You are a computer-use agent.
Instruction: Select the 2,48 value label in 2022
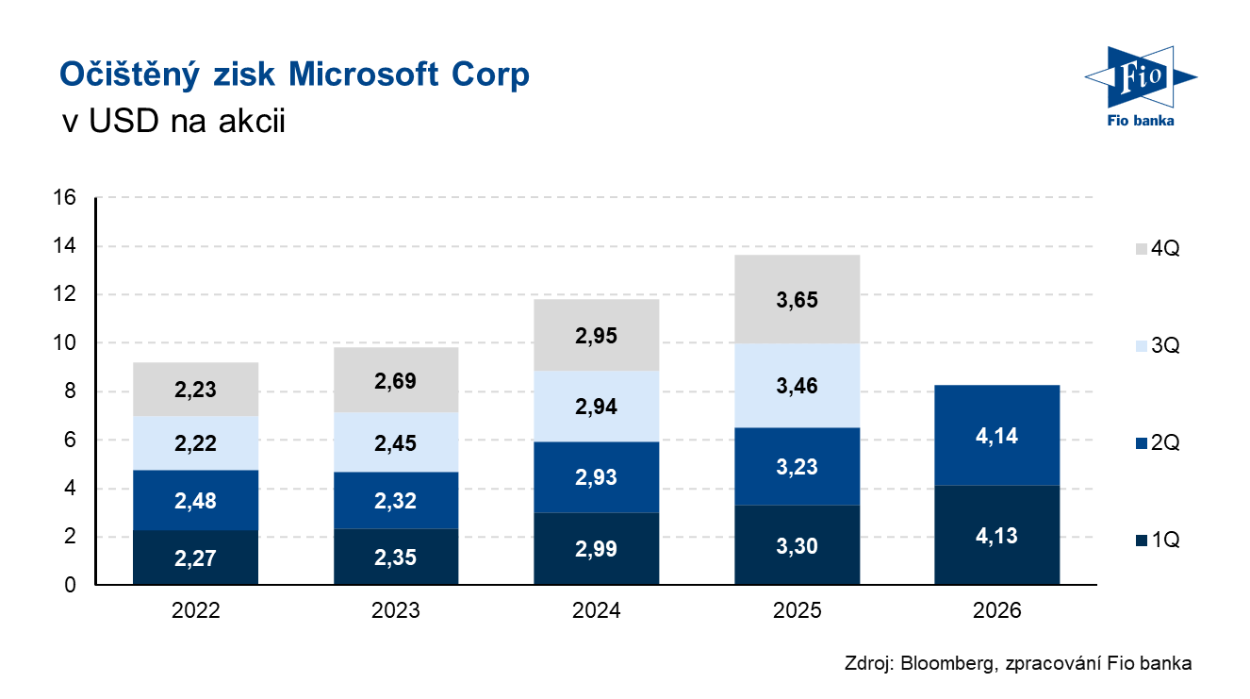pyautogui.click(x=195, y=501)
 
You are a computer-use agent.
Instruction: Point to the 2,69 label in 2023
pyautogui.click(x=396, y=381)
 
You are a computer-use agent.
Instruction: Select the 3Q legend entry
pyautogui.click(x=1157, y=346)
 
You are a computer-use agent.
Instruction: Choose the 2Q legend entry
pyautogui.click(x=1157, y=442)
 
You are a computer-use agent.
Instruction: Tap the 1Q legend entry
pyautogui.click(x=1157, y=540)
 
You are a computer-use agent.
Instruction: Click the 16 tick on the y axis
pyautogui.click(x=64, y=198)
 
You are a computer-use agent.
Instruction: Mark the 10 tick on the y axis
pyautogui.click(x=64, y=343)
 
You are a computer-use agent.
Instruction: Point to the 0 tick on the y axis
pyautogui.click(x=70, y=585)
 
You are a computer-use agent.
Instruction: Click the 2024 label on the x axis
pyautogui.click(x=596, y=610)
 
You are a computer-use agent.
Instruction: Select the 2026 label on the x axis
pyautogui.click(x=996, y=610)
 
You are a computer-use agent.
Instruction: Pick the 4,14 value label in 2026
pyautogui.click(x=996, y=437)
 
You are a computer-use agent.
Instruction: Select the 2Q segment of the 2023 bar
pyautogui.click(x=396, y=500)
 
